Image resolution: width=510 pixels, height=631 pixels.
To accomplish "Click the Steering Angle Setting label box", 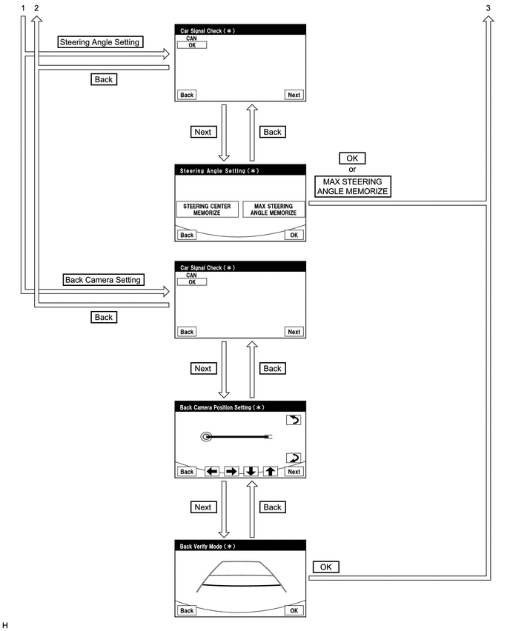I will click(99, 42).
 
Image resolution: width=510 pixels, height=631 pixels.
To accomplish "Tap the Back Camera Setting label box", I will click(103, 280).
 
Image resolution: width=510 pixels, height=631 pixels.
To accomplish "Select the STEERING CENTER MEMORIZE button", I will click(208, 210).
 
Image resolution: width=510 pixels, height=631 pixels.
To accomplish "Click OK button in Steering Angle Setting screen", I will click(294, 235).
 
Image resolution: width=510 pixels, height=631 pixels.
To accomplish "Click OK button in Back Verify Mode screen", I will click(294, 610).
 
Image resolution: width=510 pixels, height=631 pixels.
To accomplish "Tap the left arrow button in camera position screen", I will click(212, 471).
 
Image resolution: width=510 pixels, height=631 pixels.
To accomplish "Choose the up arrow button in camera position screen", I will click(271, 471).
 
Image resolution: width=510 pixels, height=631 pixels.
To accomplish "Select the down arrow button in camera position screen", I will click(251, 471).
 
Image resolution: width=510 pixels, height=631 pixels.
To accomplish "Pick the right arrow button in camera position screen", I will click(231, 471).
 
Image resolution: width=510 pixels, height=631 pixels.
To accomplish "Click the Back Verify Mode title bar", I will click(241, 547).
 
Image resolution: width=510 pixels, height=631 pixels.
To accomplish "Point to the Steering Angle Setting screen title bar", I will click(241, 170).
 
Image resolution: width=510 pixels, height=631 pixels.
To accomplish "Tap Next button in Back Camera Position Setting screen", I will click(294, 471).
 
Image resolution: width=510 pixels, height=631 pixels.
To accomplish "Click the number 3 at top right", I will click(488, 7).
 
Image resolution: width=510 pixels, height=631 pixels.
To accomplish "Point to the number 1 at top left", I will click(24, 7).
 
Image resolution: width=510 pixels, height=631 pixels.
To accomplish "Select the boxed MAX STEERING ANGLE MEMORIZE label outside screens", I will click(352, 185).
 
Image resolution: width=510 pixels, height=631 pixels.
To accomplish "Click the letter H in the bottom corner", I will click(5, 625).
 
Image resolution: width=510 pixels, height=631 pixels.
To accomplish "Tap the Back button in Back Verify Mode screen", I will click(187, 610).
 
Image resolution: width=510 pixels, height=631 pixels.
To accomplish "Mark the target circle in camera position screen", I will click(205, 437).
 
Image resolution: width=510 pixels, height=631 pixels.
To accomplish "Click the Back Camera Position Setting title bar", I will click(241, 407).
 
